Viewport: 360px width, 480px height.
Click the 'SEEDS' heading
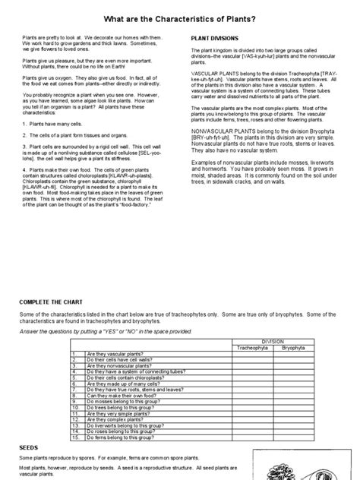point(29,447)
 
